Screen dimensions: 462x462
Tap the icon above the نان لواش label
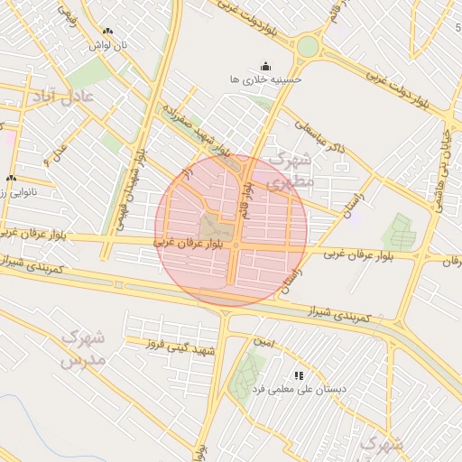(108, 31)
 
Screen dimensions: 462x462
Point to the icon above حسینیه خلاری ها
(265, 66)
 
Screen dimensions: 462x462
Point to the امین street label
(263, 342)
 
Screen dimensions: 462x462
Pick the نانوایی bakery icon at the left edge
(12, 178)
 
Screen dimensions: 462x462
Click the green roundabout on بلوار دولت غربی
(308, 46)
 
